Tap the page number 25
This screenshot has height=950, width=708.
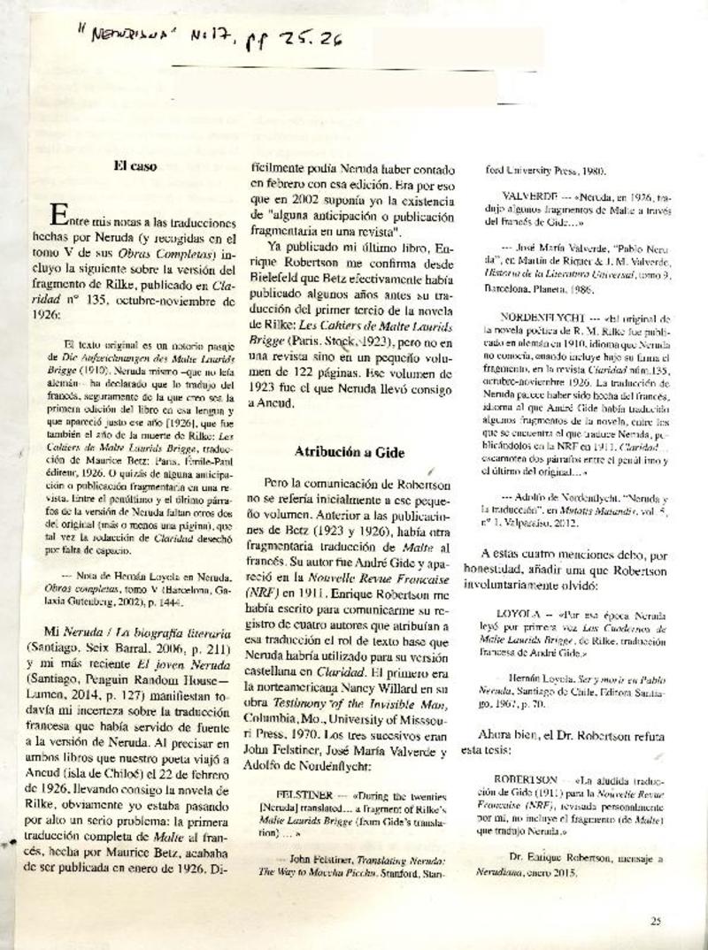click(x=655, y=921)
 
